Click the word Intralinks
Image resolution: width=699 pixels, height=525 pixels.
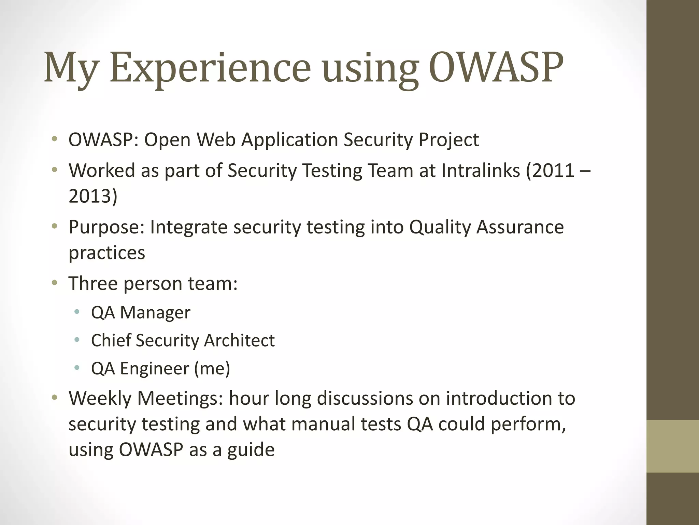point(481,170)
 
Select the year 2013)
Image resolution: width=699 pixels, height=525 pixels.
point(93,196)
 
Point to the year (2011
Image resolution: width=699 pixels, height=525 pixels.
point(550,170)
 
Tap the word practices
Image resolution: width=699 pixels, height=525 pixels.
point(107,253)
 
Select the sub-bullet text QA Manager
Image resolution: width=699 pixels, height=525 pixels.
point(141,312)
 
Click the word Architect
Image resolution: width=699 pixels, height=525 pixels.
point(239,340)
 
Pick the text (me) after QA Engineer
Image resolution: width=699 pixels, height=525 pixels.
point(212,368)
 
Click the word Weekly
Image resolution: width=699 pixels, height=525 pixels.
point(100,398)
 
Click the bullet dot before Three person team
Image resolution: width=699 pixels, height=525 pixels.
point(54,283)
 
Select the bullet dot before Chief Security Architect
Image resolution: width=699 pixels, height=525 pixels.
point(77,340)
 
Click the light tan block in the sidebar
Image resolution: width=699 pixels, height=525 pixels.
point(672,446)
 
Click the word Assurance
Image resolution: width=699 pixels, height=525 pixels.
point(520,227)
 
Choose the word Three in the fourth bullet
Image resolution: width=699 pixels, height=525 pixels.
point(93,283)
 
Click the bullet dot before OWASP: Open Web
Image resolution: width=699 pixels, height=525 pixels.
point(54,139)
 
